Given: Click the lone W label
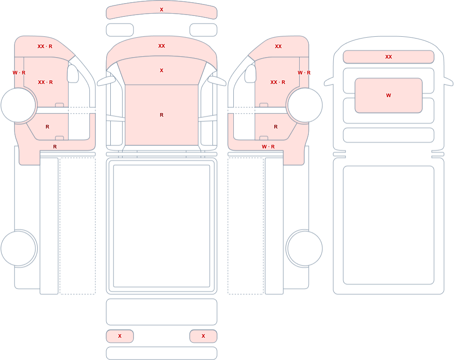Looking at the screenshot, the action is [388, 95].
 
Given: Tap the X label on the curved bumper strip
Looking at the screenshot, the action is [162, 10].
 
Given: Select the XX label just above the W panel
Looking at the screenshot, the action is [388, 57].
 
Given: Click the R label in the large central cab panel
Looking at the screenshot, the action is [162, 115].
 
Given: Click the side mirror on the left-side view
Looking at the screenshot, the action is [73, 74].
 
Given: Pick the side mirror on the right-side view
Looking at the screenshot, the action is [251, 74].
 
